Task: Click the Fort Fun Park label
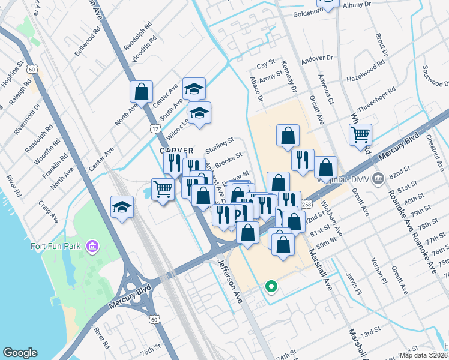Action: [x=57, y=245]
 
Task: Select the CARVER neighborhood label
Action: [x=176, y=150]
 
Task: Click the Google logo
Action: [x=20, y=353]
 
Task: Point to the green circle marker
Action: [x=271, y=287]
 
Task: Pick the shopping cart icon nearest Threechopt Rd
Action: [x=360, y=134]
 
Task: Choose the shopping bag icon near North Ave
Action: [x=142, y=92]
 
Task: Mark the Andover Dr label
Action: [x=317, y=58]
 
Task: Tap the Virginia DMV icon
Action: [x=378, y=178]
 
